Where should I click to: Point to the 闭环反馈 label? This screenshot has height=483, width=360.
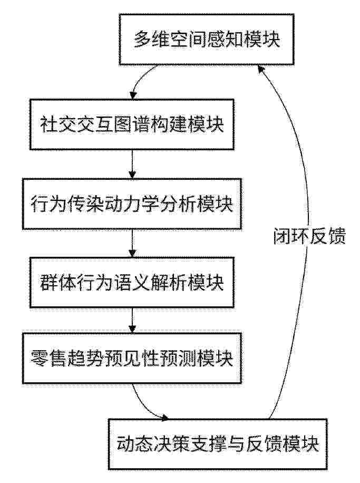310,237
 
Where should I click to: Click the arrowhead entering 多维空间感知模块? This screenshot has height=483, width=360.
261,69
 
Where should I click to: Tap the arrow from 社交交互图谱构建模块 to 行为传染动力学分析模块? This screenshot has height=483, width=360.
132,164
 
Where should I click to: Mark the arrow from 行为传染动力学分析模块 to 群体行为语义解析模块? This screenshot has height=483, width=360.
132,244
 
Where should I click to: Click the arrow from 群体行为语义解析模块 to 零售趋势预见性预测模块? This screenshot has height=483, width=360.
132,321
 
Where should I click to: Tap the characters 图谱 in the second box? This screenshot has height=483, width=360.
132,124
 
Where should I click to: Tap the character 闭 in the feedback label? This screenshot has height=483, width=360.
283,237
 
